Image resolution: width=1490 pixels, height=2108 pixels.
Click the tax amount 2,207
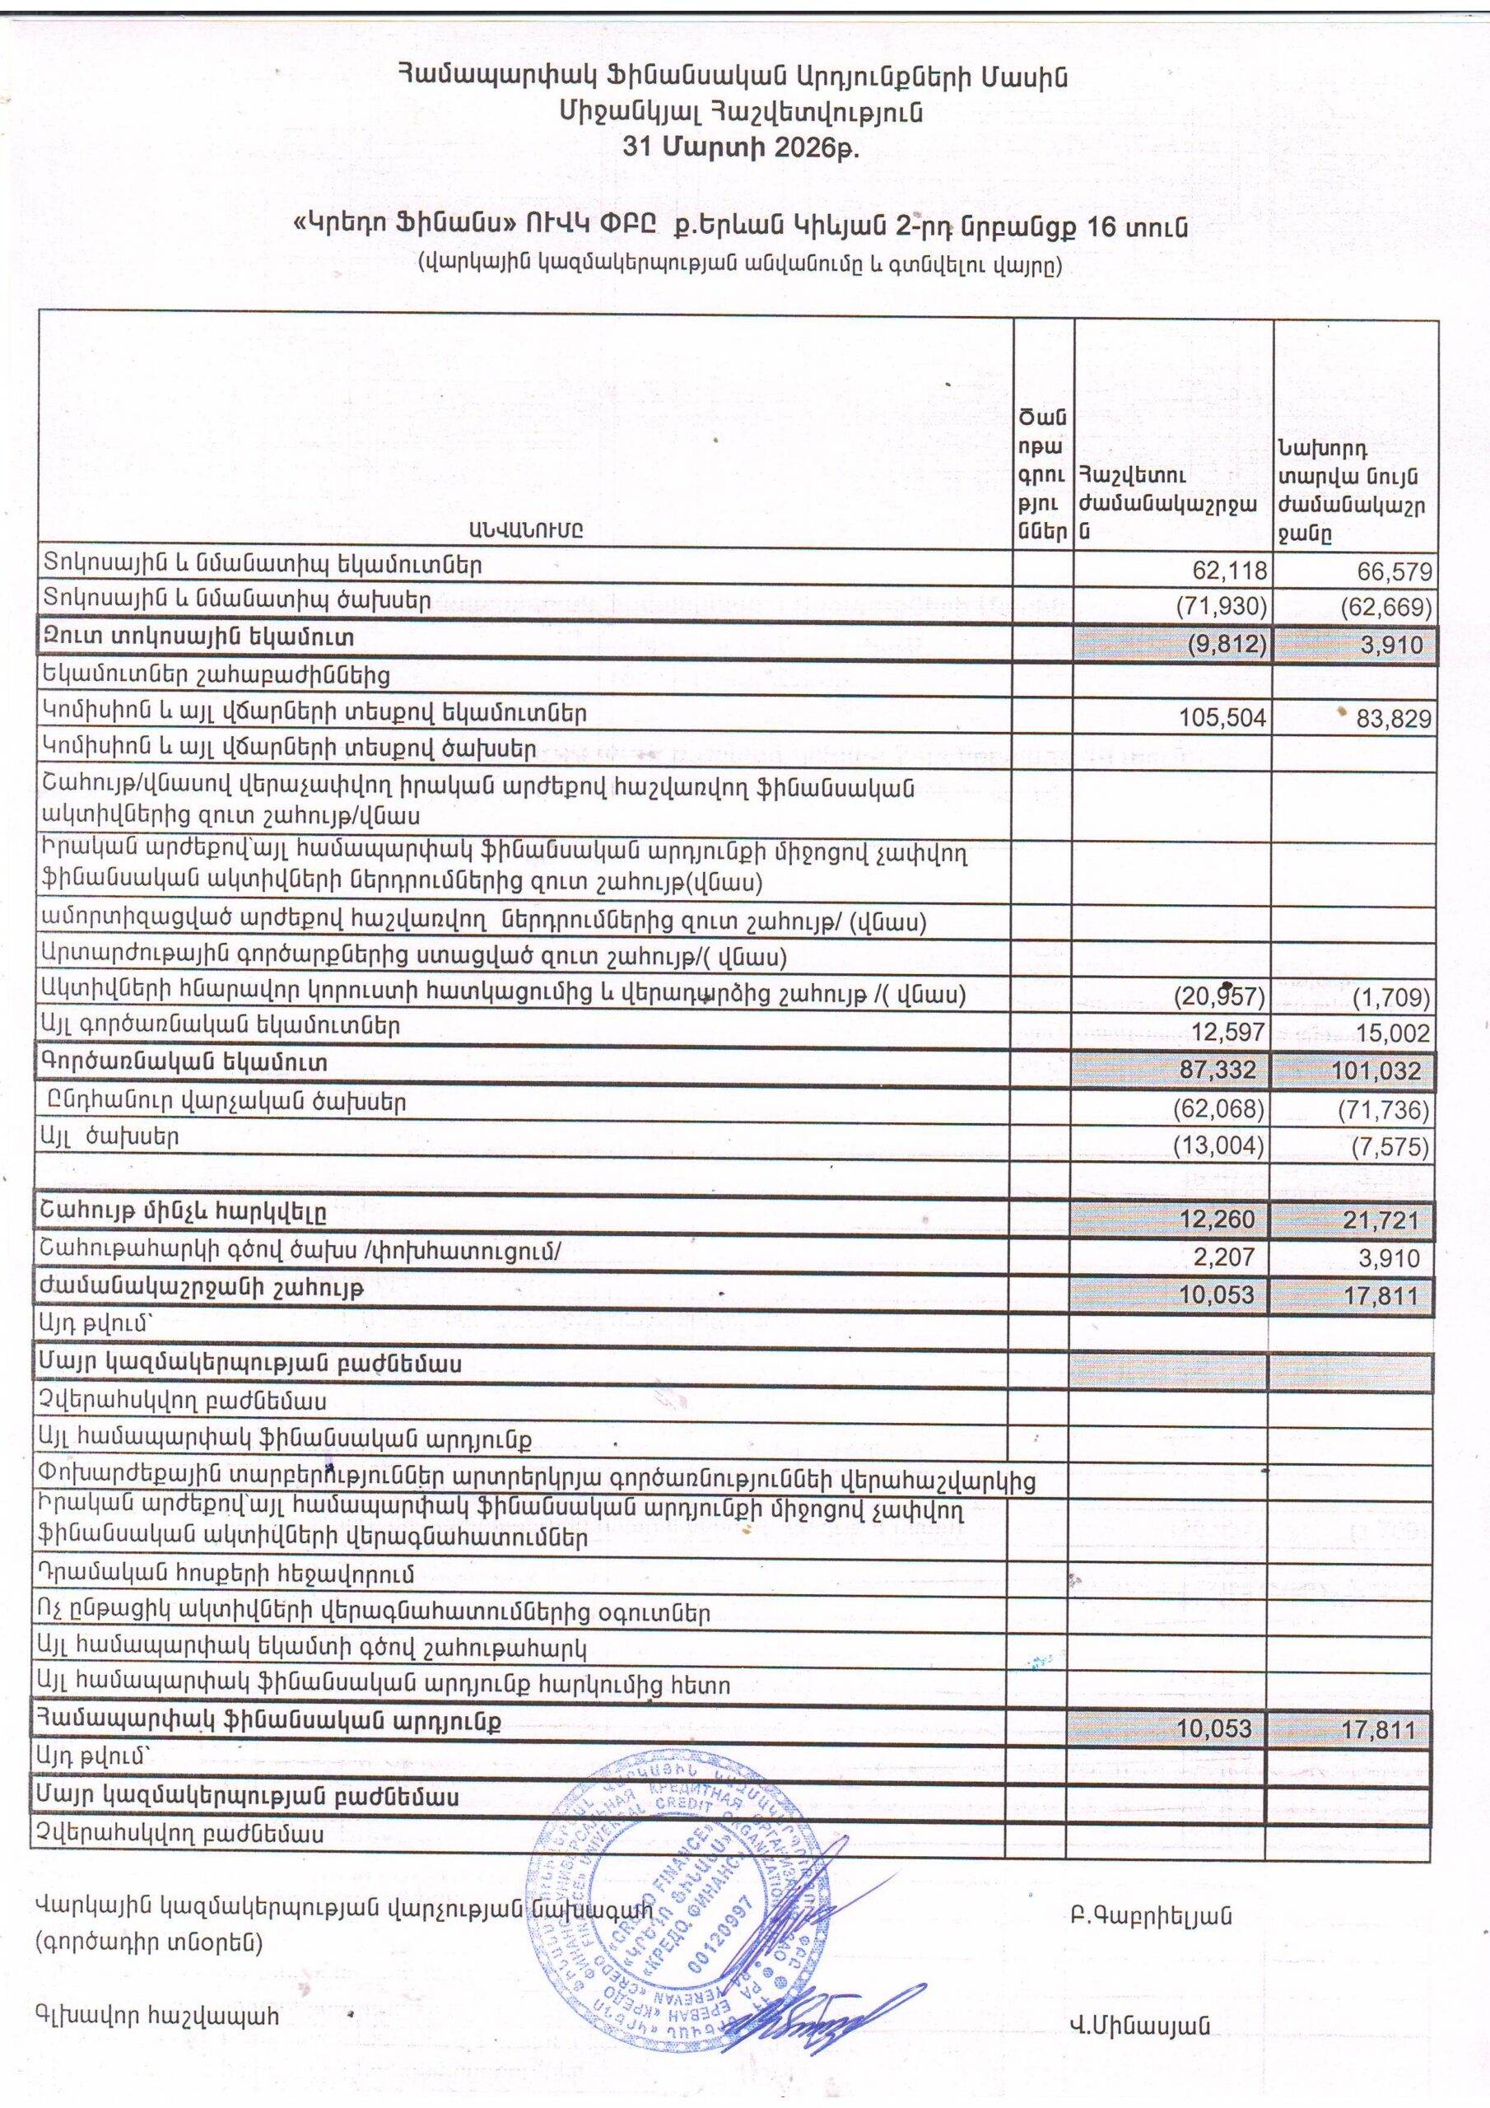[x=1228, y=1257]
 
